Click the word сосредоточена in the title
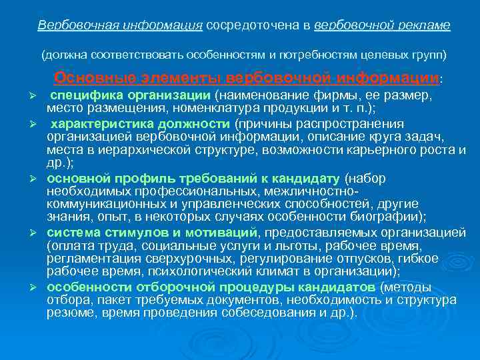[x=245, y=25]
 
